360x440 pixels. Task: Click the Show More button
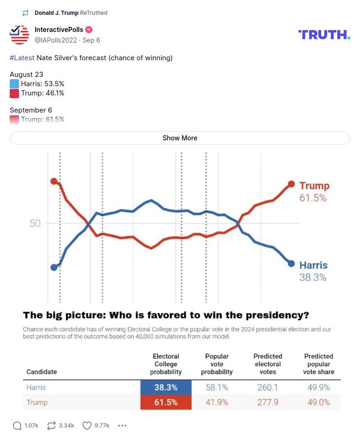pyautogui.click(x=180, y=138)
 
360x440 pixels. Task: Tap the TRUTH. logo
pyautogui.click(x=324, y=35)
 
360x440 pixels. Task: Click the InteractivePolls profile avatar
pyautogui.click(x=19, y=35)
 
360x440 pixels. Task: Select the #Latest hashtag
pyautogui.click(x=22, y=58)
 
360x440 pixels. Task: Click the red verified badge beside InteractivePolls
pyautogui.click(x=89, y=30)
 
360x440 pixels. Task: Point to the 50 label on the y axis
pyautogui.click(x=35, y=223)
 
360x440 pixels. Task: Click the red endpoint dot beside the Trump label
pyautogui.click(x=291, y=184)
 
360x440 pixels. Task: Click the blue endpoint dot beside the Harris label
pyautogui.click(x=291, y=263)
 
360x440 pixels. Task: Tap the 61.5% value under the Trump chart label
pyautogui.click(x=313, y=198)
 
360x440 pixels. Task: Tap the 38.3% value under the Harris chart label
pyautogui.click(x=313, y=277)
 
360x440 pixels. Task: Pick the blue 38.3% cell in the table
pyautogui.click(x=166, y=387)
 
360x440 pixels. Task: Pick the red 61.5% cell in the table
pyautogui.click(x=166, y=402)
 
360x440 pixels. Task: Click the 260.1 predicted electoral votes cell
pyautogui.click(x=268, y=387)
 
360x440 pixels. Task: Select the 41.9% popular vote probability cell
pyautogui.click(x=217, y=402)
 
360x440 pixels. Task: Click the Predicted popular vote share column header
pyautogui.click(x=318, y=364)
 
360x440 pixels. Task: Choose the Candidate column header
pyautogui.click(x=42, y=371)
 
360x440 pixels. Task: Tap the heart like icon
pyautogui.click(x=87, y=425)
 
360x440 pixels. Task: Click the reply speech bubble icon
pyautogui.click(x=17, y=425)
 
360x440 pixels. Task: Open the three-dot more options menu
pyautogui.click(x=122, y=425)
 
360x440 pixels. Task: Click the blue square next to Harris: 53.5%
pyautogui.click(x=14, y=84)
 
